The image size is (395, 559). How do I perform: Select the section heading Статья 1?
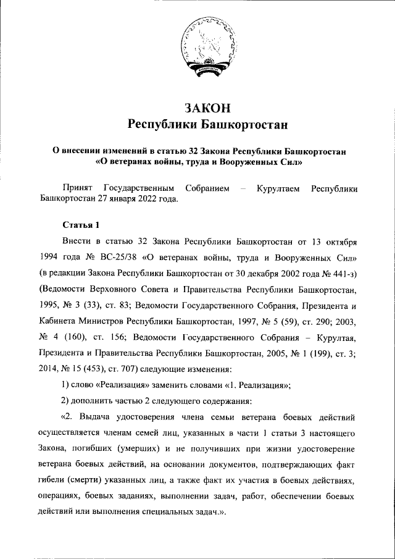[80, 224]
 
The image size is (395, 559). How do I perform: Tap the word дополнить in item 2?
[96, 401]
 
